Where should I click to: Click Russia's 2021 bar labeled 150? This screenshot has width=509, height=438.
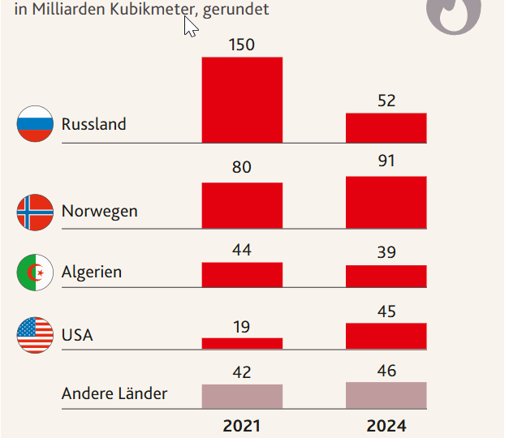[x=242, y=100]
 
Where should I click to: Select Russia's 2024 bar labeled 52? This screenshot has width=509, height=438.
[x=386, y=127]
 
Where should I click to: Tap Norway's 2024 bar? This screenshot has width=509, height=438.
[x=386, y=202]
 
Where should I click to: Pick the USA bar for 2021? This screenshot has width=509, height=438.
[x=242, y=343]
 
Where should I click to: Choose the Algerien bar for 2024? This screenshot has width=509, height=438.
[x=386, y=276]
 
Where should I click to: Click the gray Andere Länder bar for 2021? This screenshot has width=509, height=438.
[x=242, y=396]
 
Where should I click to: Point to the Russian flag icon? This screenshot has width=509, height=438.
[x=35, y=124]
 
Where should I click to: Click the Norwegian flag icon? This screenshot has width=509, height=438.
[x=35, y=212]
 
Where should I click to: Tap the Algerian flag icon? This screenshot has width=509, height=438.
[x=35, y=273]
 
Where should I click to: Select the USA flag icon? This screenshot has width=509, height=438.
[x=35, y=334]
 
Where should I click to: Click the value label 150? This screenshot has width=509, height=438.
[x=241, y=45]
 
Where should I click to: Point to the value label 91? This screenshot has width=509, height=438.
[x=386, y=161]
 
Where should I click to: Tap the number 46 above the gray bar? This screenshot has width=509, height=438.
[x=386, y=371]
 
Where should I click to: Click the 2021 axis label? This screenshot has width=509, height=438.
[x=242, y=425]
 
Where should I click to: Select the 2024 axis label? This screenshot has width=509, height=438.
[x=386, y=425]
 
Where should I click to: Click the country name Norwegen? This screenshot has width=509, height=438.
[x=99, y=212]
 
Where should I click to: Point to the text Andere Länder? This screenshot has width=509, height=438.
[x=114, y=394]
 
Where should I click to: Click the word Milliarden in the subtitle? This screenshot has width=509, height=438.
[x=66, y=10]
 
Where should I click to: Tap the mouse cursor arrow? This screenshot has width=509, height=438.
[x=191, y=26]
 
